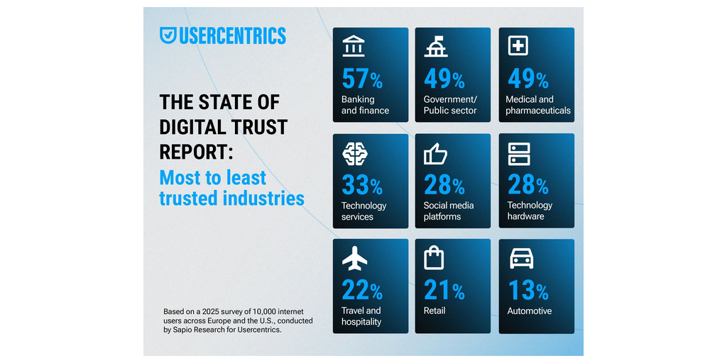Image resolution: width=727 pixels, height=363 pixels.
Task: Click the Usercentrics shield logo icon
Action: point(168,35)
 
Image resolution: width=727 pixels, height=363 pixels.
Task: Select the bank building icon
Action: point(353,46)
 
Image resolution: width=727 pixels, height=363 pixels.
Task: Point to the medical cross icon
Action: point(518,46)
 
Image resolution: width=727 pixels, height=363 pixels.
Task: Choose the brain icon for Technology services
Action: point(354,153)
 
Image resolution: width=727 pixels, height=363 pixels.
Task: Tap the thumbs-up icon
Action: point(435,153)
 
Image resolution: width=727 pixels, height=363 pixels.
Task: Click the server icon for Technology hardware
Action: point(519,153)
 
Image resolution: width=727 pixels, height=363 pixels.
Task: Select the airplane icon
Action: point(354,259)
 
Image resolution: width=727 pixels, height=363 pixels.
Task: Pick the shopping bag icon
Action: point(434,258)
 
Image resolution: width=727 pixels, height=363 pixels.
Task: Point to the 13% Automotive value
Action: point(528,291)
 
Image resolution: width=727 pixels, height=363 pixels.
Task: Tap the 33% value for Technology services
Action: point(362,186)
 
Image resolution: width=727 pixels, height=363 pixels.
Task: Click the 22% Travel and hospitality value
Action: point(362,291)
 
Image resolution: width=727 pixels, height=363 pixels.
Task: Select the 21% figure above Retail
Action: point(444,291)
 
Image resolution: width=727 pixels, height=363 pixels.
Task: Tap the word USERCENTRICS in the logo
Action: point(233,35)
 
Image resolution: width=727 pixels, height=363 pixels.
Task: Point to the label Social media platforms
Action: point(449,211)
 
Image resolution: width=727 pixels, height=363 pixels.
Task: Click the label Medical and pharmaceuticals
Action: point(538,105)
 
